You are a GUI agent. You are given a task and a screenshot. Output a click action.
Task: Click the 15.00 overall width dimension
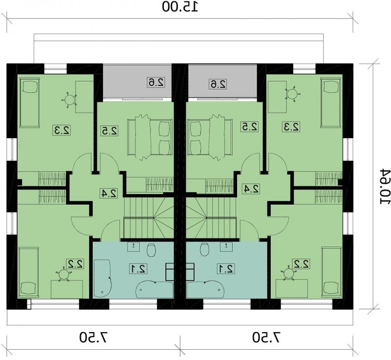click(180, 6)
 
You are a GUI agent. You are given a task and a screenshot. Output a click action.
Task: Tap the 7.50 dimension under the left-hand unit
click(94, 338)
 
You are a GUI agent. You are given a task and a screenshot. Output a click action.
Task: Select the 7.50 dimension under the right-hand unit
click(266, 338)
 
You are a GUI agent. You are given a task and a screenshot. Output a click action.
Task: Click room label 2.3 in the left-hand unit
click(62, 130)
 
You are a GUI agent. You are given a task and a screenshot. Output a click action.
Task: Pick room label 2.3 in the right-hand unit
click(291, 127)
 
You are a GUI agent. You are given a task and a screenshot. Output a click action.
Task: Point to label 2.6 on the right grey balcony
click(217, 84)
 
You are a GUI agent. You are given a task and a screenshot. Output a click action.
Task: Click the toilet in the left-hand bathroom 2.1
click(152, 250)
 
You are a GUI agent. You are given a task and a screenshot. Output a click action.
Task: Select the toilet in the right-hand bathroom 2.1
click(205, 249)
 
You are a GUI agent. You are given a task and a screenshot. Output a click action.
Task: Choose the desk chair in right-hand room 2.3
click(291, 94)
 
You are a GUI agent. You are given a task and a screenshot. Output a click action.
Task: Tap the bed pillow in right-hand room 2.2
click(331, 288)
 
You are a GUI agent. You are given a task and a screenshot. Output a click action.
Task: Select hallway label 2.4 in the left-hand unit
click(109, 193)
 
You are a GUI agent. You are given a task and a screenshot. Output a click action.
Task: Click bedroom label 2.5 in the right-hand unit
click(249, 127)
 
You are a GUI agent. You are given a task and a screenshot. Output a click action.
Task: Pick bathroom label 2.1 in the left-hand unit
click(138, 269)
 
